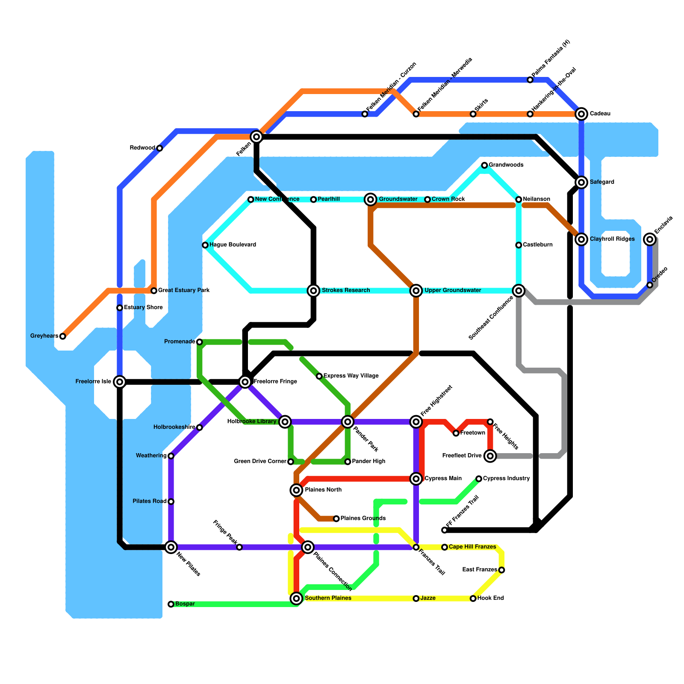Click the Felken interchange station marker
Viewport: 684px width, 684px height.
pos(256,137)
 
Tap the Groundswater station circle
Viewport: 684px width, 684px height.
pos(371,199)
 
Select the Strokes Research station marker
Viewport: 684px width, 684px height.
pos(314,291)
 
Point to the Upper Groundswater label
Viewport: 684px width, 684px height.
pos(453,291)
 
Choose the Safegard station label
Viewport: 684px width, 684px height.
pos(602,182)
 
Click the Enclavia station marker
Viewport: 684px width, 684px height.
pos(650,239)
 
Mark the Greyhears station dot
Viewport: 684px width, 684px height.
pos(63,336)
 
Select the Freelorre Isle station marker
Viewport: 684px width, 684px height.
pos(120,382)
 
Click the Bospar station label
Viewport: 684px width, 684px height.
pos(185,604)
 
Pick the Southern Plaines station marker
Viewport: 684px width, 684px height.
pos(296,598)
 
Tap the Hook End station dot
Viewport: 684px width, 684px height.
pos(473,598)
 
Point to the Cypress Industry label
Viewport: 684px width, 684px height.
pos(507,478)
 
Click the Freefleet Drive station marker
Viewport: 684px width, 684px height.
pos(490,456)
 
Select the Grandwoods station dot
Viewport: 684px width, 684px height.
pos(484,165)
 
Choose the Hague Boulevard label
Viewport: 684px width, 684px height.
pos(233,245)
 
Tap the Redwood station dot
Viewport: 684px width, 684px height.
pos(159,148)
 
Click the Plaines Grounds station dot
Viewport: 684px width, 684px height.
pos(336,519)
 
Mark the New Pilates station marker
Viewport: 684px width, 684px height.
pos(171,547)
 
